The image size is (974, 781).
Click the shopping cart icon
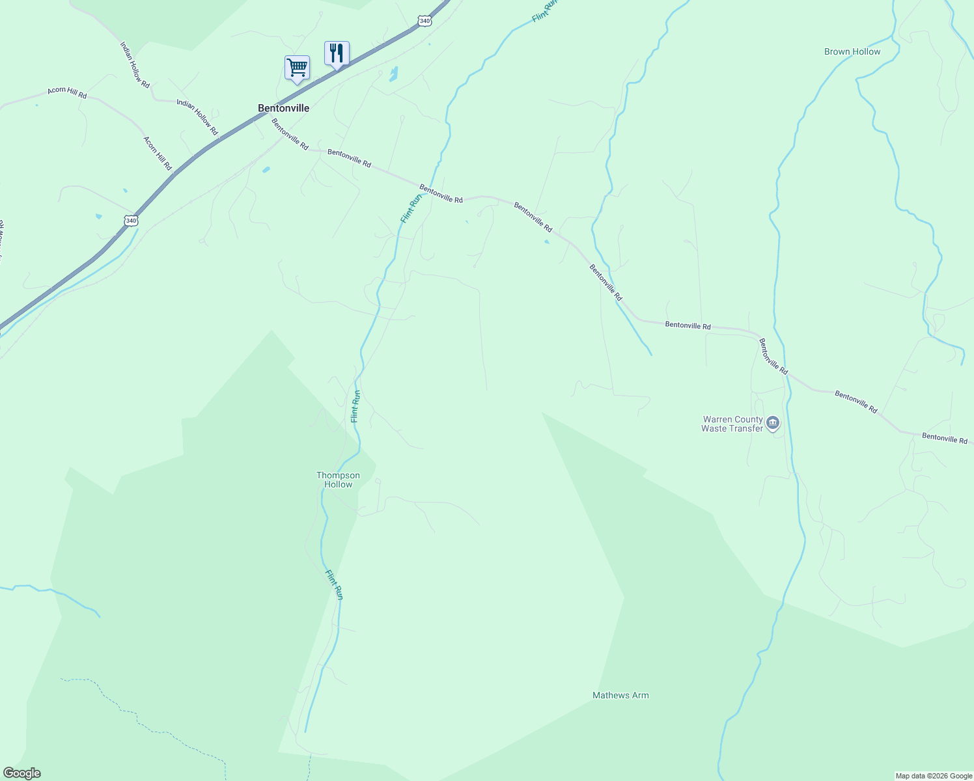297,68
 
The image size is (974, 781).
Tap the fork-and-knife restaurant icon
337,53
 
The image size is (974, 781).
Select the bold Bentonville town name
283,108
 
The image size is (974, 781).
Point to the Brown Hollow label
852,51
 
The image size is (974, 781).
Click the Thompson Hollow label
338,480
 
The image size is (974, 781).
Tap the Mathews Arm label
620,695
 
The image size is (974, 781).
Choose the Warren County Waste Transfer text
732,424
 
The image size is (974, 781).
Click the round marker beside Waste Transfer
773,424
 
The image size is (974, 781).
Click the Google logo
21,773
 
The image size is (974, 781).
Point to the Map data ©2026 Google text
934,776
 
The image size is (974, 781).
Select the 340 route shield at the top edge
424,21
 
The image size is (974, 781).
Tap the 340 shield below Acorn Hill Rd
132,221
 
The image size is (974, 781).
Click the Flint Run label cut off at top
545,10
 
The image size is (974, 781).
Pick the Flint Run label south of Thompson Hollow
334,584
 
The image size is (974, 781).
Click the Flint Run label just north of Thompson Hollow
355,406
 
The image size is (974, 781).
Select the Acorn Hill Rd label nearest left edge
67,92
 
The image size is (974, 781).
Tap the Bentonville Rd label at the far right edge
945,438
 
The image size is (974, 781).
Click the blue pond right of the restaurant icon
393,74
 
